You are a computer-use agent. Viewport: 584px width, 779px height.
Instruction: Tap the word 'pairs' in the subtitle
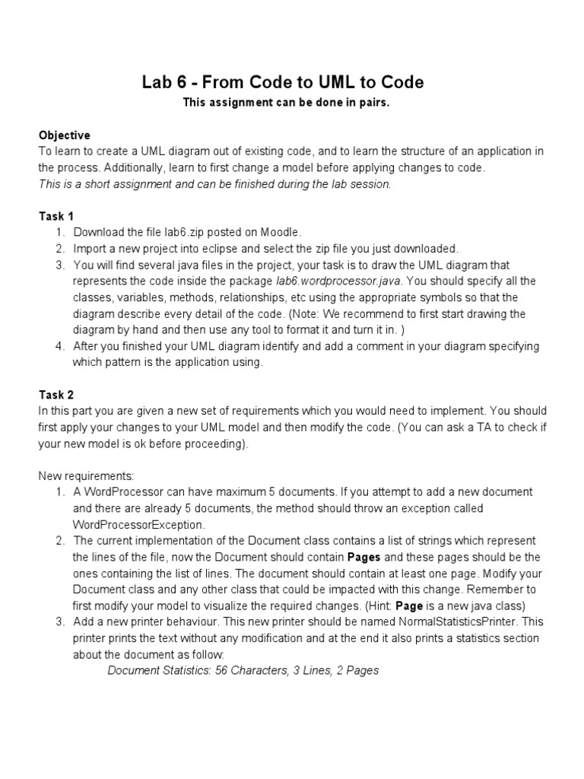[x=373, y=103]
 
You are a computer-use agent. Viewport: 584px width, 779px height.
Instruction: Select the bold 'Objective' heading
[x=65, y=135]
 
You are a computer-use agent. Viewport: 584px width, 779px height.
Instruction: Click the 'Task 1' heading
[x=56, y=216]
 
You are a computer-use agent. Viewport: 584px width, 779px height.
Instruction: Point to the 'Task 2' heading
[x=56, y=394]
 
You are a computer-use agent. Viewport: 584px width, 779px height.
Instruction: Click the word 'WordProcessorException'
[x=139, y=524]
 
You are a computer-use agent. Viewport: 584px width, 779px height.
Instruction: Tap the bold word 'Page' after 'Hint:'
[x=408, y=606]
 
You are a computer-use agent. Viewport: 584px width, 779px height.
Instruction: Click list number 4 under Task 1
[x=59, y=346]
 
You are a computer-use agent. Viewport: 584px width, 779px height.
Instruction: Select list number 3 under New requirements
[x=59, y=622]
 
